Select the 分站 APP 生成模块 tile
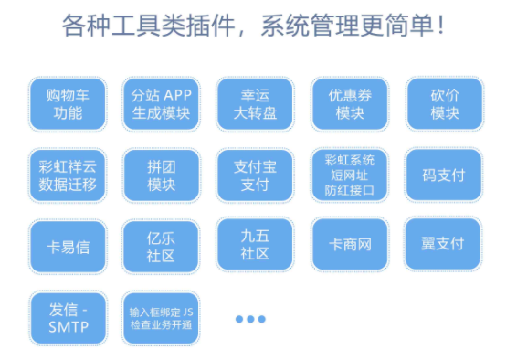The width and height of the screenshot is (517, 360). pyautogui.click(x=161, y=104)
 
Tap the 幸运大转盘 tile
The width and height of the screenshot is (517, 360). pyautogui.click(x=255, y=104)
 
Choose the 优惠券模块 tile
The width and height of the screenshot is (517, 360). pyautogui.click(x=349, y=104)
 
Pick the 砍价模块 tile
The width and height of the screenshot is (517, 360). pyautogui.click(x=443, y=104)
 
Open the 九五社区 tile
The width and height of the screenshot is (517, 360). pyautogui.click(x=255, y=243)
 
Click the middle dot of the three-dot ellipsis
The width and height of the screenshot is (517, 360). pyautogui.click(x=249, y=319)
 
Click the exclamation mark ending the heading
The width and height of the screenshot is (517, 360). pyautogui.click(x=440, y=25)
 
